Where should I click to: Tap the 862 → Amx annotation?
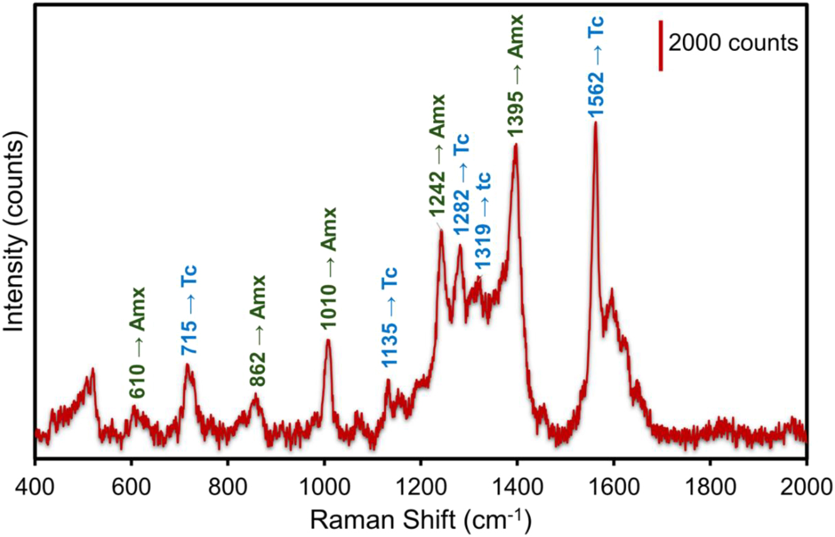point(257,331)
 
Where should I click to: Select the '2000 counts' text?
point(733,43)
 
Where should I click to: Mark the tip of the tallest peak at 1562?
point(595,123)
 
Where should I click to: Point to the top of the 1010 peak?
point(328,340)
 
